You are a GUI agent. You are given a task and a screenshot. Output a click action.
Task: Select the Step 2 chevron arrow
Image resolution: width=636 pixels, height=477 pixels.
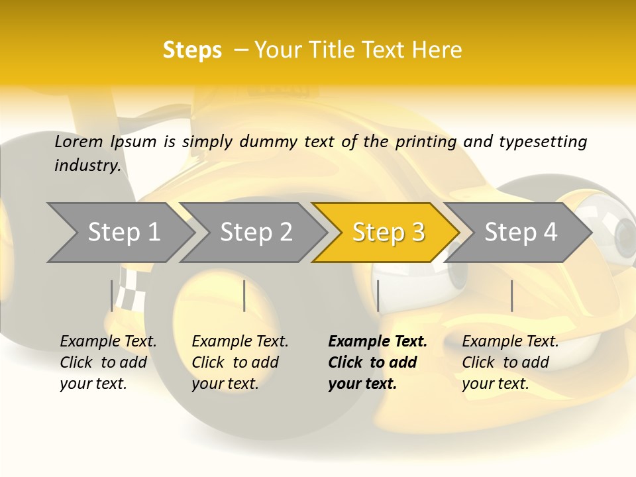(254, 233)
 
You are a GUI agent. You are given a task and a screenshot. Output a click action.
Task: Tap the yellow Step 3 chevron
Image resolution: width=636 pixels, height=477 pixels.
(387, 233)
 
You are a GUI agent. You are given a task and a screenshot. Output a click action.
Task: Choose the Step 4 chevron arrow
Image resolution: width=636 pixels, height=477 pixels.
(519, 233)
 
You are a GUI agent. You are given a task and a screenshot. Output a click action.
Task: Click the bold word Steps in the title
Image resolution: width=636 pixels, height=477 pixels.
(192, 50)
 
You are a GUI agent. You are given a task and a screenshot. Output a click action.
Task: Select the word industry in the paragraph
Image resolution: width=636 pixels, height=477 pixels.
(87, 166)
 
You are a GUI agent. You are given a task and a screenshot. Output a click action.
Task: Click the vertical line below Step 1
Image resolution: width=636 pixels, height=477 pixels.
(112, 295)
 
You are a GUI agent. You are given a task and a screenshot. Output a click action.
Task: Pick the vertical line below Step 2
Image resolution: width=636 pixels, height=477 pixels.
(244, 295)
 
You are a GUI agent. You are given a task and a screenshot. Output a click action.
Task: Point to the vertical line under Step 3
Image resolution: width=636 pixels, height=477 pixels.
(378, 295)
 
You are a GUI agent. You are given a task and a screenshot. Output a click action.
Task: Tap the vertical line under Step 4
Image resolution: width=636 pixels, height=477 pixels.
(511, 295)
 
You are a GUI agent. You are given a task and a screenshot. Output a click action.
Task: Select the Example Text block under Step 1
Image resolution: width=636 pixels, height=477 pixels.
(108, 362)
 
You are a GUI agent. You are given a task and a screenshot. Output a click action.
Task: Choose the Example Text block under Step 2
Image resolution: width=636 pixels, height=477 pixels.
(240, 362)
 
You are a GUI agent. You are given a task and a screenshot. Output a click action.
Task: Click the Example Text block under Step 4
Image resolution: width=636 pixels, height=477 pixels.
(510, 362)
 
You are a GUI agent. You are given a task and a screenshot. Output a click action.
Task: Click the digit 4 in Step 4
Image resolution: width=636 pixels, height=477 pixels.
(551, 233)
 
